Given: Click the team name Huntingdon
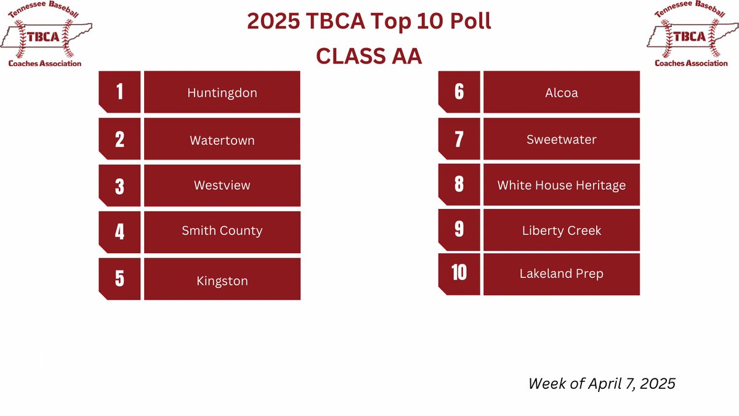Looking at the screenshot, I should tap(222, 93).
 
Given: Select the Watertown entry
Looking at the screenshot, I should tap(222, 140).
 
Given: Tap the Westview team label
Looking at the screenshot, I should tap(222, 185).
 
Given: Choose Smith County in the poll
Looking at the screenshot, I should tap(222, 230).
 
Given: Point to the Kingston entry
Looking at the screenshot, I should tap(222, 281).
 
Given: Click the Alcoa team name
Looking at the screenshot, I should tap(561, 93).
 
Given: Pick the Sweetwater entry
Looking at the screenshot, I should tap(561, 139).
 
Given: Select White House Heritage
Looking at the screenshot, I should tap(561, 185).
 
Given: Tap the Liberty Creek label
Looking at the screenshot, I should tap(561, 230).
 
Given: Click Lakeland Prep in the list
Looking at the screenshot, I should tap(561, 273).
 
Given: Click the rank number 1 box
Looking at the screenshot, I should tap(119, 92).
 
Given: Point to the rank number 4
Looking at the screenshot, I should tap(119, 232).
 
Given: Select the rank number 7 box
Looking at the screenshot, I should tap(459, 139).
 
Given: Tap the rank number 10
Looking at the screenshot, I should tap(459, 272).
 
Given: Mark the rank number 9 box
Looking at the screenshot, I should tap(459, 229).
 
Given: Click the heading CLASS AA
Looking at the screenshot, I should tap(369, 55).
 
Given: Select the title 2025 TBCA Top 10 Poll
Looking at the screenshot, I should tap(369, 22).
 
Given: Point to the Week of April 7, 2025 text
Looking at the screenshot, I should tap(602, 383).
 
